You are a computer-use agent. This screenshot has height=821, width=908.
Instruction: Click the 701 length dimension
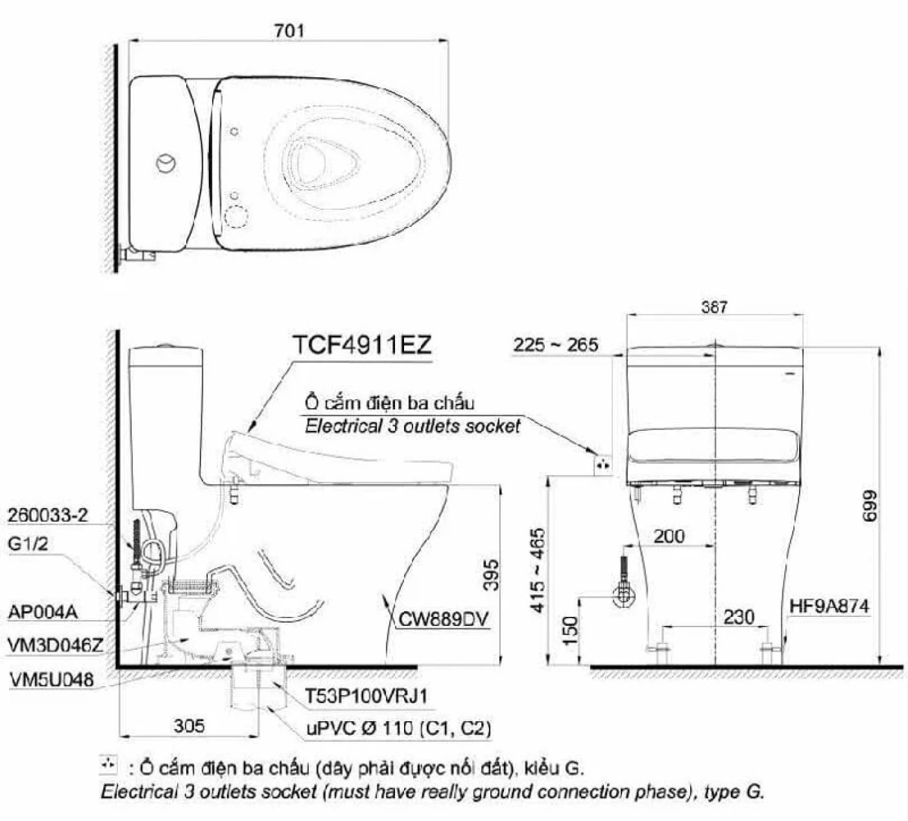[x=289, y=30]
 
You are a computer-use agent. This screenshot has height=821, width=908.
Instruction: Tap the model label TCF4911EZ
[x=362, y=345]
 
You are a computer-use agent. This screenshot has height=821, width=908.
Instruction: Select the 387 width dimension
[x=714, y=307]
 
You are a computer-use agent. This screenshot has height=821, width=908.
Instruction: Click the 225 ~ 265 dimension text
[x=555, y=345]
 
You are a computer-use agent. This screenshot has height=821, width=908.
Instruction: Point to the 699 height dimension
[x=869, y=506]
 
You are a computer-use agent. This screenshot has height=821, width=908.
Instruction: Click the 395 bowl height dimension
[x=491, y=575]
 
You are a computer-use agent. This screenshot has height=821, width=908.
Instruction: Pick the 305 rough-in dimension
[x=189, y=726]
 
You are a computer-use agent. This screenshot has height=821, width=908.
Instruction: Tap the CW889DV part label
[x=443, y=619]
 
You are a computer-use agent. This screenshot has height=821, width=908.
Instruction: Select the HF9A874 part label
[x=830, y=606]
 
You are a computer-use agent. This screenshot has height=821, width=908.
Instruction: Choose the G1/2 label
[x=28, y=544]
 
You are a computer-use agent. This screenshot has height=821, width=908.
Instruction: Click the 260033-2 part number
[x=47, y=515]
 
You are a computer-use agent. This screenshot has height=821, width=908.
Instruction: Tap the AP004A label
[x=43, y=612]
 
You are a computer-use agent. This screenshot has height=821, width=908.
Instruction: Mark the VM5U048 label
[x=52, y=680]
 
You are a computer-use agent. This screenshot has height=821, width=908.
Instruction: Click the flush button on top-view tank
[x=166, y=163]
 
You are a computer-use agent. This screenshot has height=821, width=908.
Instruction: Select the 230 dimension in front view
[x=739, y=617]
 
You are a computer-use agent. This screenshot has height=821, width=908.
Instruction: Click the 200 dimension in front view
[x=669, y=537]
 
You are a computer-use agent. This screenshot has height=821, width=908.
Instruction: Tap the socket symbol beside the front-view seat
[x=603, y=465]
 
